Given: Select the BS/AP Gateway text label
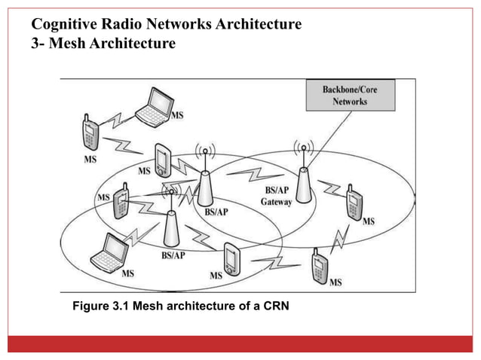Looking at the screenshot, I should pyautogui.click(x=276, y=197).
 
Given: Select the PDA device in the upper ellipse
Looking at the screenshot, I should pyautogui.click(x=162, y=159).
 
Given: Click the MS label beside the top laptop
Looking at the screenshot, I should pyautogui.click(x=177, y=115).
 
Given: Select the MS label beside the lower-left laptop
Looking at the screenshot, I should pyautogui.click(x=127, y=274).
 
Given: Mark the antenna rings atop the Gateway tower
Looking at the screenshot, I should pyautogui.click(x=304, y=146).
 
